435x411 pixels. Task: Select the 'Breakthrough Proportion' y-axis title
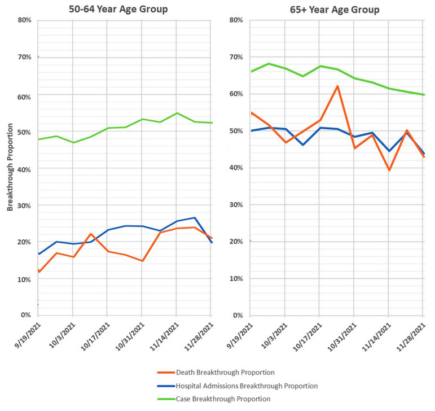coord(10,167)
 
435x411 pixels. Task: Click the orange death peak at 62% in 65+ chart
coord(337,86)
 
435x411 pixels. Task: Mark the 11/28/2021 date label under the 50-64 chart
coord(200,335)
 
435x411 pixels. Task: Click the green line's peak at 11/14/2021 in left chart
coord(177,113)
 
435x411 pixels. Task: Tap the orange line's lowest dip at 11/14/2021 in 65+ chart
coord(389,170)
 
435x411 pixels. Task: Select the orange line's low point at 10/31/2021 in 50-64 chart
coord(142,261)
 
